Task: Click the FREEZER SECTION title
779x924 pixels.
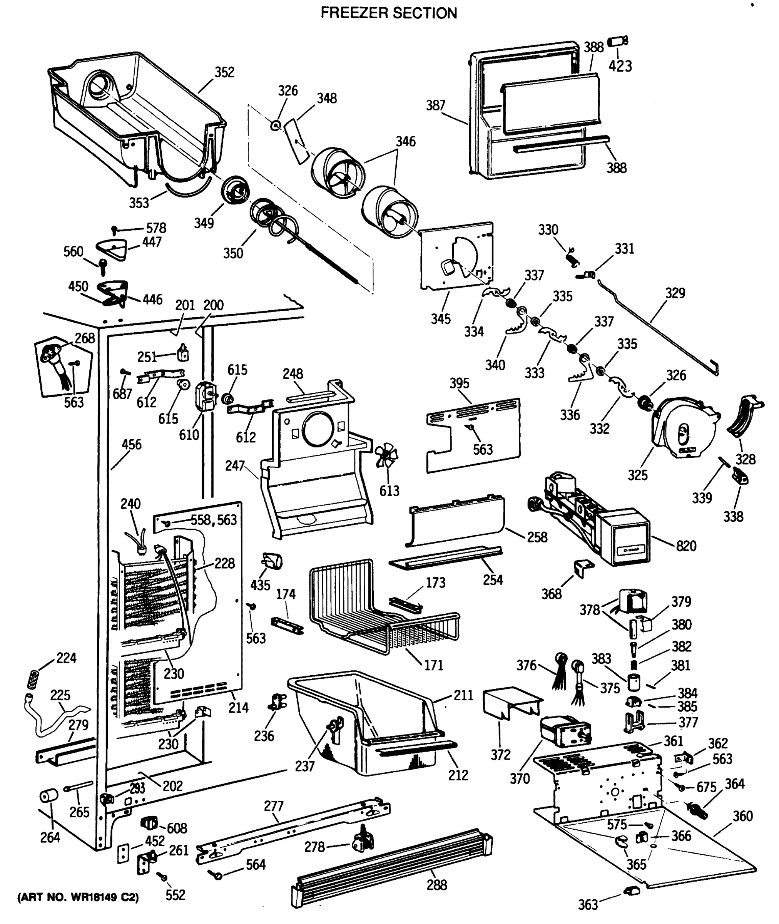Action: pyautogui.click(x=389, y=13)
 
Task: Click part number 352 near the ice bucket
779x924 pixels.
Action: pyautogui.click(x=224, y=72)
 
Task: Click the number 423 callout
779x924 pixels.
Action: pyautogui.click(x=620, y=66)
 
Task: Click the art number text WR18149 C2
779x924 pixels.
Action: pyautogui.click(x=78, y=897)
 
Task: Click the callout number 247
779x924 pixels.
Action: pyautogui.click(x=234, y=465)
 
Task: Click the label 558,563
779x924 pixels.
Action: pyautogui.click(x=214, y=520)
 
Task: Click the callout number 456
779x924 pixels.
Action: pyautogui.click(x=132, y=444)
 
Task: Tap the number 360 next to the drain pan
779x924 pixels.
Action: pyautogui.click(x=742, y=816)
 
